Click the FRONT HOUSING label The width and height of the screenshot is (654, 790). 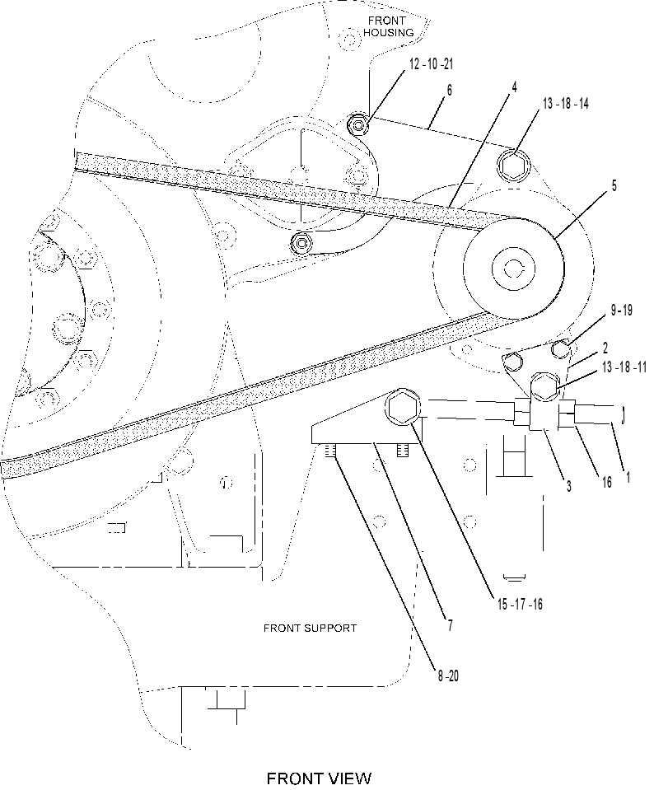388,26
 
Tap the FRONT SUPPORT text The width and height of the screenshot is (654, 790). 310,629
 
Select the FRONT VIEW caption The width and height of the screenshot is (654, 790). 319,778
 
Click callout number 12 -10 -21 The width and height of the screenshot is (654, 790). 431,64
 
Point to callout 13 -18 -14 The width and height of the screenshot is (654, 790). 565,103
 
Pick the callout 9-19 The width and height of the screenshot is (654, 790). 621,310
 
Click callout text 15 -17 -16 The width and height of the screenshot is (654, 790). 520,604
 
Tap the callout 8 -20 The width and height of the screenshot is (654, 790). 448,675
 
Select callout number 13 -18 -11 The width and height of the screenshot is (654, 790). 624,367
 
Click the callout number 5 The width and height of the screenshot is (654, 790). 614,185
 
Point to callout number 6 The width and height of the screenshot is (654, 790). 450,90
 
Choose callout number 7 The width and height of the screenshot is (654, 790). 450,625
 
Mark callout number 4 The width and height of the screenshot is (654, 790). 514,87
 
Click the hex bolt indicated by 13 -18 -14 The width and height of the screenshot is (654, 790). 513,165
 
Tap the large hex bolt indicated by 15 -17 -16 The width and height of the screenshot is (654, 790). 402,407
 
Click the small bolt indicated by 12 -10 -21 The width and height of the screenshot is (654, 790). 359,125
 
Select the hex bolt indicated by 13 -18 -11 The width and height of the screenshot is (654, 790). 544,386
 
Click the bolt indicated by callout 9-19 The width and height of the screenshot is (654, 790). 561,348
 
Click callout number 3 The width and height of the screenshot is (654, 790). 569,486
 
